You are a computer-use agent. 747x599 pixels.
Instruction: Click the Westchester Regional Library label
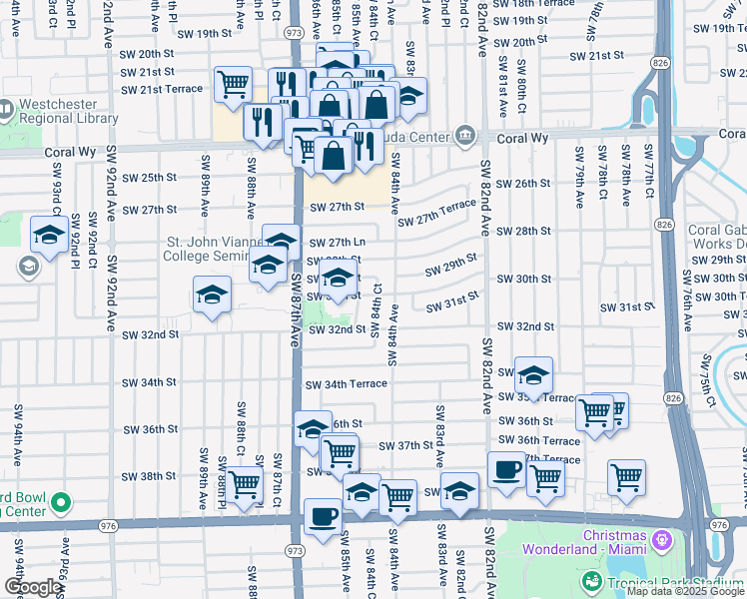tap(66, 110)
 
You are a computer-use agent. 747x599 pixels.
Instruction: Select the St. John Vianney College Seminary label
tap(206, 249)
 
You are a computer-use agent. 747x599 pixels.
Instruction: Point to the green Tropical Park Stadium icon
tap(592, 583)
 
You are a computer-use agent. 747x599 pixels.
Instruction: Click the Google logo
tap(33, 587)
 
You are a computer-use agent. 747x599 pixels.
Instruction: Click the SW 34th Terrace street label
tap(346, 384)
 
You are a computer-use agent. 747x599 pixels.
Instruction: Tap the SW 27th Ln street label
tap(337, 243)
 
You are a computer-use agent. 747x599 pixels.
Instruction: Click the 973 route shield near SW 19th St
tap(295, 33)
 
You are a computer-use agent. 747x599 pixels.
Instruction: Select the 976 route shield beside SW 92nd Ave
tap(108, 524)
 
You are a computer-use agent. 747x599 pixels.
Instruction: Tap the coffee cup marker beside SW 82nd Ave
tap(506, 469)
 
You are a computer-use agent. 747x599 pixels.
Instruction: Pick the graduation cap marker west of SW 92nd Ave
tap(48, 235)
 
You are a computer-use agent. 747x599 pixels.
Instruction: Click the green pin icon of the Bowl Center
tap(62, 501)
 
